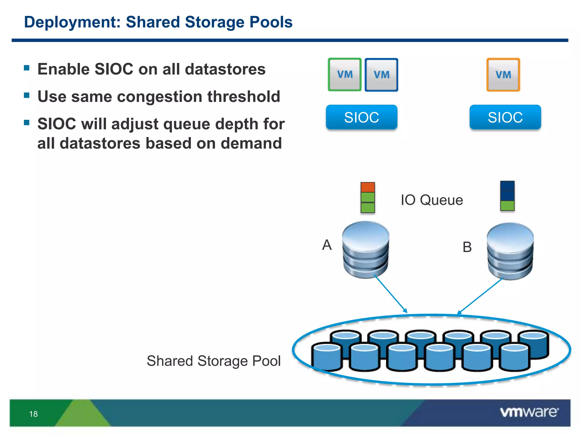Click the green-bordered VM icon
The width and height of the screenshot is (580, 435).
point(345,75)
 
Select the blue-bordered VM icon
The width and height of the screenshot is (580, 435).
point(381,75)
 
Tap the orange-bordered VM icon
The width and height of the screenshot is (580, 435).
point(503,75)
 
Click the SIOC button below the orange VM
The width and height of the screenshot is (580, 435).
point(505,117)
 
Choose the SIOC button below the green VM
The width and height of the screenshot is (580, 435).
point(361,117)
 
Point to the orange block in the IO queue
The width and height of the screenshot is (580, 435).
point(368,187)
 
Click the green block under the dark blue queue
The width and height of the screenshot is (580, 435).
point(507,206)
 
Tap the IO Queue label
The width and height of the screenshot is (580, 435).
point(432,200)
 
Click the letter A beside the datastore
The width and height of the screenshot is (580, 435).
point(327,245)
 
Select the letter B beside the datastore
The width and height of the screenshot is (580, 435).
point(467,247)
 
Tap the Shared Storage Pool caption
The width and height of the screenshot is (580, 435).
point(214,361)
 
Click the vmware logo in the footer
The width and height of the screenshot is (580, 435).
point(529,412)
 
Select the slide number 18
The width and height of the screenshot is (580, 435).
point(33,414)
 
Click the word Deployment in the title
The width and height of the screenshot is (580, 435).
point(72,22)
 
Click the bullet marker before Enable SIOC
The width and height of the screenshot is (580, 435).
point(27,68)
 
